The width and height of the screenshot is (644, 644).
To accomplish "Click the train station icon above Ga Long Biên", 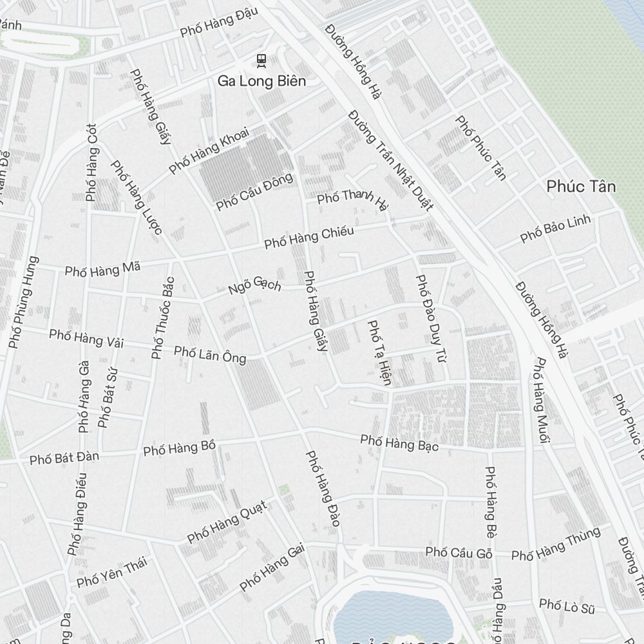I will [x=261, y=61].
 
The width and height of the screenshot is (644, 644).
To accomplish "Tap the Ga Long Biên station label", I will [x=261, y=81].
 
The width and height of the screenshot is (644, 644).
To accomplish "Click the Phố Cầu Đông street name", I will [x=254, y=191].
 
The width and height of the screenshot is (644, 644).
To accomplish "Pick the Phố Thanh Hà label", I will [x=354, y=199].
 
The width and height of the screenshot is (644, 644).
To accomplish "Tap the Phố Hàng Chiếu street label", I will [x=309, y=238].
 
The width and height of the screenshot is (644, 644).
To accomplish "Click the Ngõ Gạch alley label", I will [x=255, y=285].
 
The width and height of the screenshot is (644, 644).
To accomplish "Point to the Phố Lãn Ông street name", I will [x=210, y=355].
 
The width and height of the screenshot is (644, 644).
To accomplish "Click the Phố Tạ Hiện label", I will [x=379, y=352].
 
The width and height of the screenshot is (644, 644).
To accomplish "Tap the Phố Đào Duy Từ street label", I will [x=431, y=317].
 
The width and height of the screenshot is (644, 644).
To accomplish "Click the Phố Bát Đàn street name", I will [x=64, y=458].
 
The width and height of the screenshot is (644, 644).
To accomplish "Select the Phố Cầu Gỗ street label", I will [x=459, y=553].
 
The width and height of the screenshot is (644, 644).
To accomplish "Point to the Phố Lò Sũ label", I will [x=567, y=605].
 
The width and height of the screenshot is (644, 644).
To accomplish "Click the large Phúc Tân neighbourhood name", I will [x=581, y=187].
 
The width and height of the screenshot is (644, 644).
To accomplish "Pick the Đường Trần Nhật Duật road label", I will [x=390, y=160].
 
